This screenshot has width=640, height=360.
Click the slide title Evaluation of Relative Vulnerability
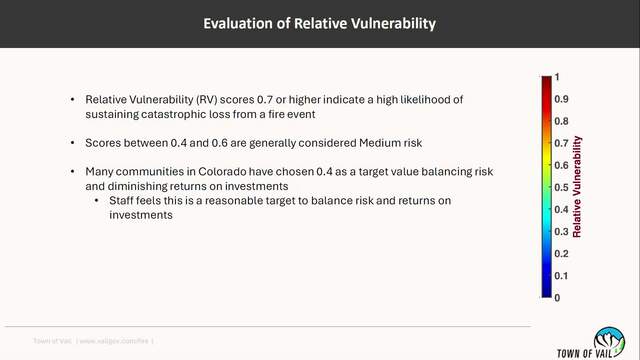coord(320,24)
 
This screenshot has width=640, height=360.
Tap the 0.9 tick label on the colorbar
coord(561,99)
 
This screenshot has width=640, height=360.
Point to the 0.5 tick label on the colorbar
coord(561,187)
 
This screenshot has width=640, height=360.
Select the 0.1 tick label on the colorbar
coord(561,276)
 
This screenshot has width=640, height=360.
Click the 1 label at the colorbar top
coord(557,77)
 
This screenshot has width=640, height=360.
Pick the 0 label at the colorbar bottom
coord(557,298)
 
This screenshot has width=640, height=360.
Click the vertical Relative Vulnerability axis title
coord(577,187)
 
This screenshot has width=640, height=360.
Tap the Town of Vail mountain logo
coord(609,341)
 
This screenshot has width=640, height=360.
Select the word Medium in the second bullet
coord(380,143)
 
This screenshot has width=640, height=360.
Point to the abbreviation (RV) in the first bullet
coord(206,100)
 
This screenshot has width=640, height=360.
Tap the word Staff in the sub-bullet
coord(121,200)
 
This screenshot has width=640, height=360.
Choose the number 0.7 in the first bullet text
coord(265,100)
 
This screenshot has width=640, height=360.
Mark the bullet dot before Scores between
coord(73,143)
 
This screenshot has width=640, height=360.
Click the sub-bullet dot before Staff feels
coord(97,200)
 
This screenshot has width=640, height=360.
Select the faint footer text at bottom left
coord(93,341)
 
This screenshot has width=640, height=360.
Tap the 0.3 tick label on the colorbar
coord(561,232)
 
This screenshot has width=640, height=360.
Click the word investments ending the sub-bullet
coord(141,215)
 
